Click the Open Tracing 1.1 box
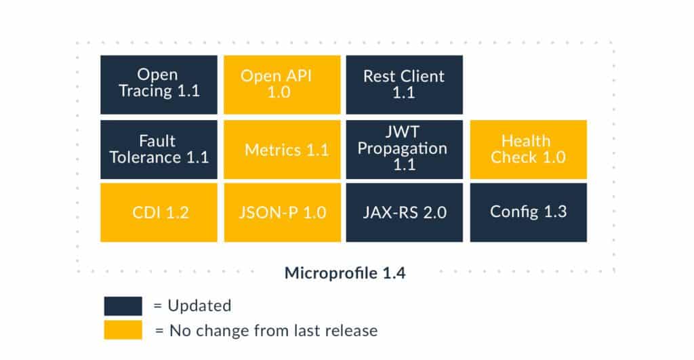click(x=159, y=84)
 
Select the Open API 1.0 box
click(x=282, y=84)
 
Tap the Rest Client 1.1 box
click(x=405, y=84)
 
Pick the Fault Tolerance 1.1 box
click(x=159, y=149)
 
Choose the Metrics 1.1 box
click(x=282, y=149)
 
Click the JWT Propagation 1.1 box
click(x=405, y=149)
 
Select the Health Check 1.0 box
click(x=528, y=149)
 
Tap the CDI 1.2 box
click(x=159, y=212)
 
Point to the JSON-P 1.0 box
click(x=282, y=212)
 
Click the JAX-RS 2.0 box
click(x=405, y=212)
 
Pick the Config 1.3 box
click(x=528, y=212)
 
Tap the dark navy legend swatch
click(x=123, y=306)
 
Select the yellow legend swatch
click(x=123, y=330)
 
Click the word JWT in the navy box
click(x=404, y=132)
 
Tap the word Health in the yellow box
click(x=525, y=140)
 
